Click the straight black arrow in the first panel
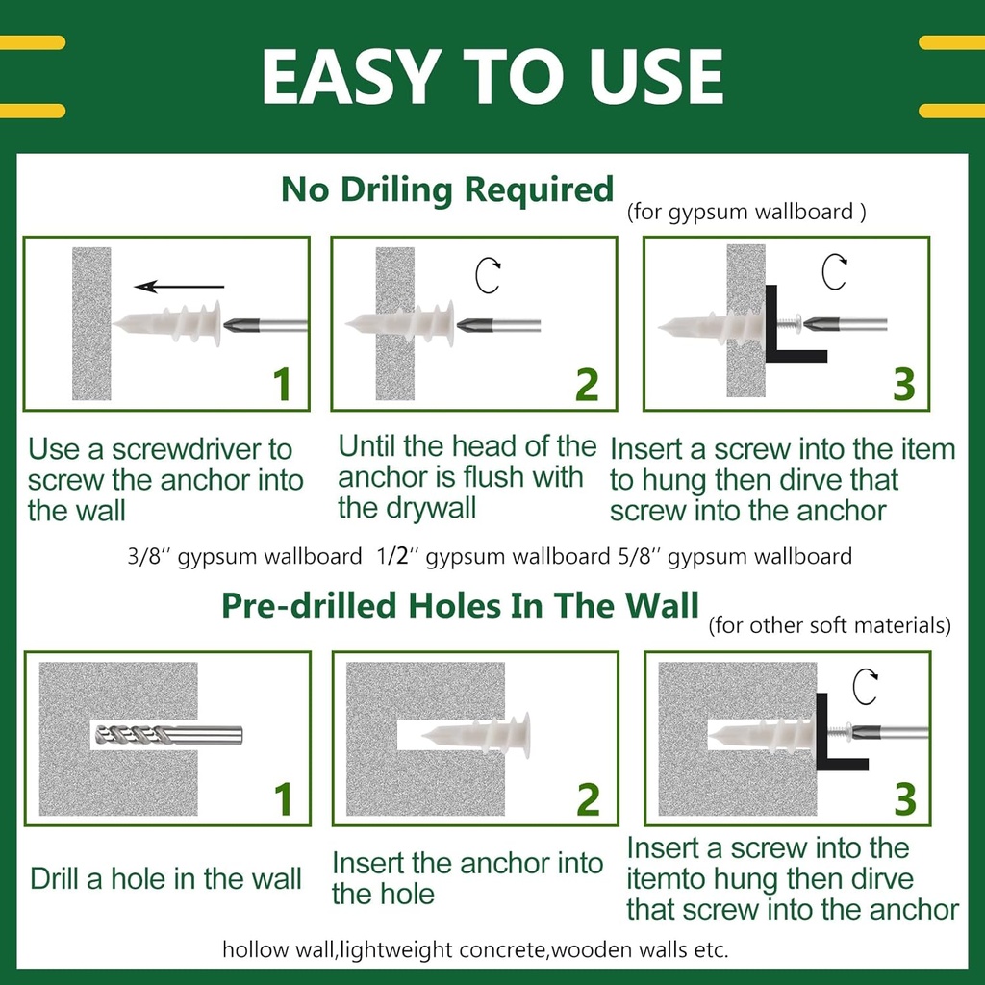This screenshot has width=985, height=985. tap(180, 286)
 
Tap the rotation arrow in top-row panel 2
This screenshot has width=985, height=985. tap(490, 276)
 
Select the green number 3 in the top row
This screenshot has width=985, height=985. tap(903, 383)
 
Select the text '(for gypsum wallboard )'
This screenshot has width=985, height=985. tap(746, 213)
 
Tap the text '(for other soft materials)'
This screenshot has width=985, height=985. tap(829, 626)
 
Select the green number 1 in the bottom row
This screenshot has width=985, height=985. tap(283, 799)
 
